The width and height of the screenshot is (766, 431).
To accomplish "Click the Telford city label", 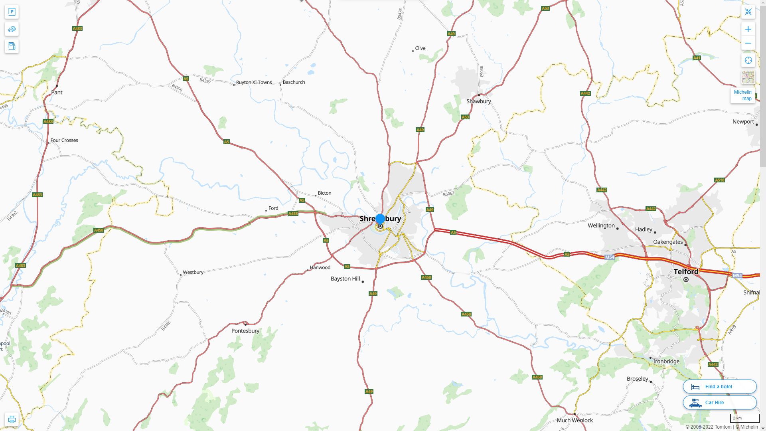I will pyautogui.click(x=686, y=272).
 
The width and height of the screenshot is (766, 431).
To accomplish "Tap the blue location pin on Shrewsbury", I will pyautogui.click(x=380, y=219).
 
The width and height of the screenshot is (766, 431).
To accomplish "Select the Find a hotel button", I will pyautogui.click(x=719, y=387).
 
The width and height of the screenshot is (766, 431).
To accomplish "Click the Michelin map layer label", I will pyautogui.click(x=742, y=95).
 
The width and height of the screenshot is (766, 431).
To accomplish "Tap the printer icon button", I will pyautogui.click(x=12, y=419).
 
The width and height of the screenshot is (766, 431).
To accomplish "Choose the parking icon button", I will pyautogui.click(x=12, y=12).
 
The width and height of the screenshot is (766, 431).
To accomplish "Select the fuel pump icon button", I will pyautogui.click(x=12, y=46).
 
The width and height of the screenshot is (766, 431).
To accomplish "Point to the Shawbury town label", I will pyautogui.click(x=478, y=101).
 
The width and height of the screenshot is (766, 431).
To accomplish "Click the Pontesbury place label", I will pyautogui.click(x=245, y=331).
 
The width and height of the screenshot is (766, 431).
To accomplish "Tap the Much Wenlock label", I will pyautogui.click(x=574, y=420).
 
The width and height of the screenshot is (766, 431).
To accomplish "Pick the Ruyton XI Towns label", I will pyautogui.click(x=254, y=83).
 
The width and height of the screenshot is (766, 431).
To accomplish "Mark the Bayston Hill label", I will pyautogui.click(x=345, y=279).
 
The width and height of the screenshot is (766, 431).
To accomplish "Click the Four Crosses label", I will pyautogui.click(x=64, y=140).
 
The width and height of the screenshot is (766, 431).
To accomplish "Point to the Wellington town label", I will pyautogui.click(x=601, y=225).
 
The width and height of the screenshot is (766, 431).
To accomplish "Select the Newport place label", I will pyautogui.click(x=743, y=122).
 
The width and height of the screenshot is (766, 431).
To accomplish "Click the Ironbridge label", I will pyautogui.click(x=666, y=362).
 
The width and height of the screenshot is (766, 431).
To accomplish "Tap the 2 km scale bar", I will pyautogui.click(x=744, y=419).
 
